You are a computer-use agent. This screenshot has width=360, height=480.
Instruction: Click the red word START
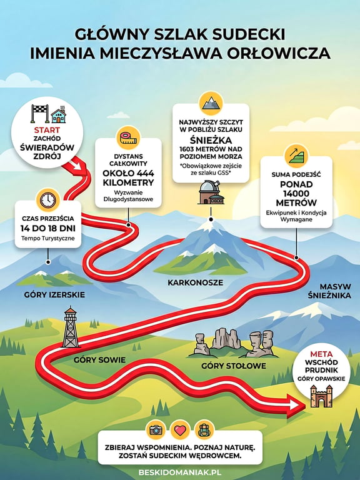[47, 130]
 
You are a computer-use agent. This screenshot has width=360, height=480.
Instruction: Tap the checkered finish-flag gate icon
[40, 113]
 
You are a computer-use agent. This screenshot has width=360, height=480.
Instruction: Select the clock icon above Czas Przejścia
[47, 200]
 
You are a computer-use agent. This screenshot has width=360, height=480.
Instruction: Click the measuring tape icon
[128, 138]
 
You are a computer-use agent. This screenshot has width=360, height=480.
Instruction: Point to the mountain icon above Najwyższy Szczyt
[211, 103]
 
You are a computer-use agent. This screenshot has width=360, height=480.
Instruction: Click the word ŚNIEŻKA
[211, 140]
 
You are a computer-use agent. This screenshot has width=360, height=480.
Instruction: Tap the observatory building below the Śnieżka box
[211, 192]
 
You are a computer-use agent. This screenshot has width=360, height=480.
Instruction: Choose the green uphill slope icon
[296, 156]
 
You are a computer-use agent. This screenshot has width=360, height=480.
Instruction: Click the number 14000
[296, 194]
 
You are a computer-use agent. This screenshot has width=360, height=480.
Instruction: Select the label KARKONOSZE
[195, 282]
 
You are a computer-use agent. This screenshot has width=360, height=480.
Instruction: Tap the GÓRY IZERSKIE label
[54, 294]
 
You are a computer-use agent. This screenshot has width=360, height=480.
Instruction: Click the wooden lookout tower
[71, 327]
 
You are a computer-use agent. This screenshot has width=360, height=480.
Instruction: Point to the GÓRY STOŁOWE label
[234, 366]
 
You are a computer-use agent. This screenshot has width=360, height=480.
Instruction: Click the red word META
[321, 354]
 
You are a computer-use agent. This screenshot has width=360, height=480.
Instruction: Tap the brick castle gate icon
[321, 396]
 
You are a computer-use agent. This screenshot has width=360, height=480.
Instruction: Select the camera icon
[156, 430]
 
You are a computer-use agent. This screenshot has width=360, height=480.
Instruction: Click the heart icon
[180, 430]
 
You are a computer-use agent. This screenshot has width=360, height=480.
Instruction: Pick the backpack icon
[204, 430]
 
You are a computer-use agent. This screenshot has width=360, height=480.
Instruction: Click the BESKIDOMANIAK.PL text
[180, 472]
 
